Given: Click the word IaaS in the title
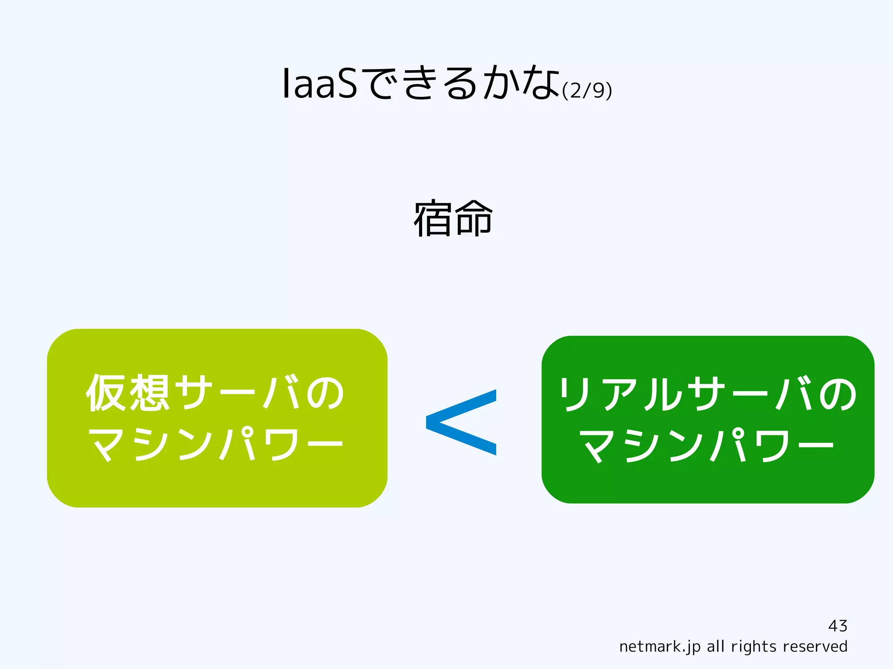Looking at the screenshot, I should click(320, 84).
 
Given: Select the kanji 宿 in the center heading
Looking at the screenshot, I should click(433, 218).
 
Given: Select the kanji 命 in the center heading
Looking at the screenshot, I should click(473, 218).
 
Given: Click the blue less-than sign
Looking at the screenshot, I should click(461, 422).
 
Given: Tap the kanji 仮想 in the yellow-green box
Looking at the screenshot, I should click(128, 393).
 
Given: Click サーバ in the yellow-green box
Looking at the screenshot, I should click(239, 393).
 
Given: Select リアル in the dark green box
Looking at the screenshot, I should click(621, 394).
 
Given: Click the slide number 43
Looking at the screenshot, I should click(837, 626).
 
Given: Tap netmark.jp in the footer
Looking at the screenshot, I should click(659, 647).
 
